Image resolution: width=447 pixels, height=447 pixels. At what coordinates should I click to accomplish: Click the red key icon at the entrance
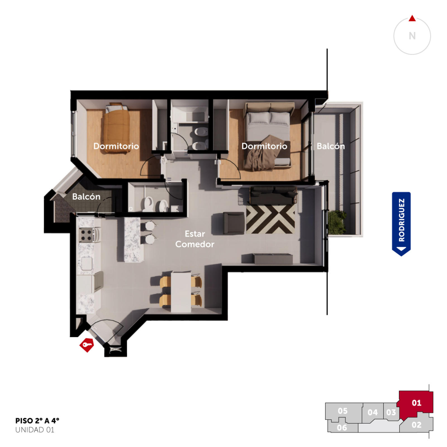[87, 345]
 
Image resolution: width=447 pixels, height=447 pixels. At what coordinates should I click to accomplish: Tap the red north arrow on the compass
[412, 18]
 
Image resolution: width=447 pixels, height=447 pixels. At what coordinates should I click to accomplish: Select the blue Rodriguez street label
[401, 224]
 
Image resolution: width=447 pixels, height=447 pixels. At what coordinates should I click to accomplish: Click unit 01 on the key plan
[416, 403]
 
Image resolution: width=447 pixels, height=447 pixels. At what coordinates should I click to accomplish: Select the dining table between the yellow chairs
[181, 292]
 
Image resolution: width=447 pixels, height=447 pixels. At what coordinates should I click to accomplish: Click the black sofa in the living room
[273, 196]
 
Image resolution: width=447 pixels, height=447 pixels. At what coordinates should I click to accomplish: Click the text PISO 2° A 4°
[37, 421]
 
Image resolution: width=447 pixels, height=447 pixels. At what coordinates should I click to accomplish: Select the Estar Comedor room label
[195, 239]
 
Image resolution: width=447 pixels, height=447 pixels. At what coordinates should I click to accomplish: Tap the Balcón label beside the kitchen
[86, 197]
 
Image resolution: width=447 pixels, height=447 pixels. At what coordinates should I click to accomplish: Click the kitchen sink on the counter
[87, 263]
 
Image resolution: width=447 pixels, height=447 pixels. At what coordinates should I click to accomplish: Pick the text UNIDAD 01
[35, 430]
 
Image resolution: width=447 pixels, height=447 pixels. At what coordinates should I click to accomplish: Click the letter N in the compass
[412, 36]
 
